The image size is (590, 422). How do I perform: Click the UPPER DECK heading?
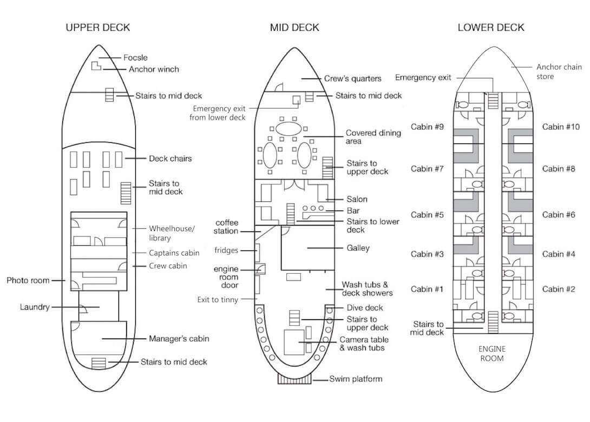pyautogui.click(x=98, y=28)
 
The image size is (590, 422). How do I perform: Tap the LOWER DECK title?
pyautogui.click(x=490, y=28)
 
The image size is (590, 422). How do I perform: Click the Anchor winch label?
pyautogui.click(x=154, y=69)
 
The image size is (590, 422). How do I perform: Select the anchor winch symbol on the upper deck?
pyautogui.click(x=96, y=65)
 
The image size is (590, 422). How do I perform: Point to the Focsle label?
pyautogui.click(x=135, y=57)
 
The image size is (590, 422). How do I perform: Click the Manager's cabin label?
pyautogui.click(x=179, y=339)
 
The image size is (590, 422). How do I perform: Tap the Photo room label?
pyautogui.click(x=28, y=280)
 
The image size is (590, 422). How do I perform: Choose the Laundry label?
pyautogui.click(x=35, y=307)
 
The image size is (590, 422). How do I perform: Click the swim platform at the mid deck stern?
pyautogui.click(x=294, y=379)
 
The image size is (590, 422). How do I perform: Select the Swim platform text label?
pyautogui.click(x=356, y=379)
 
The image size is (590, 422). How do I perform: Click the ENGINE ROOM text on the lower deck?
pyautogui.click(x=492, y=353)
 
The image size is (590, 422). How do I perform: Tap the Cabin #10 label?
pyautogui.click(x=561, y=127)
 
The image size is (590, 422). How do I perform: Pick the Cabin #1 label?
pyautogui.click(x=427, y=289)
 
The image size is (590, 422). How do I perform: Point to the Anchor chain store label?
pyautogui.click(x=559, y=71)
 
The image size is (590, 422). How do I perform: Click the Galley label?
pyautogui.click(x=358, y=248)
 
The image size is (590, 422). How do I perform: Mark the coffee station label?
pyautogui.click(x=226, y=227)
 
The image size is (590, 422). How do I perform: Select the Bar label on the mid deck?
pyautogui.click(x=353, y=210)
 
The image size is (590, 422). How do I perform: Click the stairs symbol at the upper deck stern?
pyautogui.click(x=99, y=364)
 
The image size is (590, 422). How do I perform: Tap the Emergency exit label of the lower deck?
pyautogui.click(x=423, y=77)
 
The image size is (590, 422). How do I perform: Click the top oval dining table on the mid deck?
pyautogui.click(x=289, y=129)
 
